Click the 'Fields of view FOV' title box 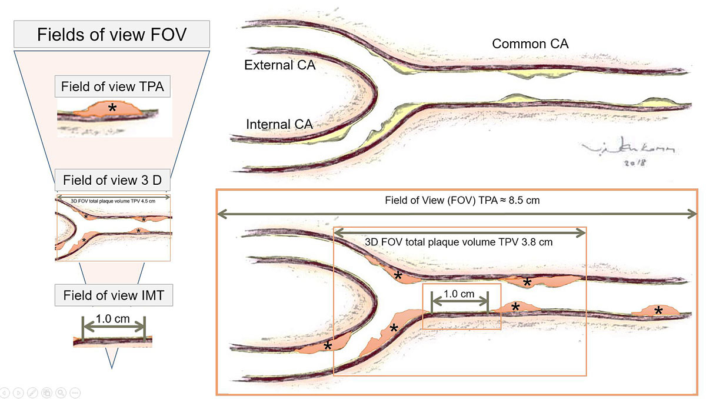[112, 34]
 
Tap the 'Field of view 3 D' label [112, 180]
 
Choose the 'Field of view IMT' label [114, 295]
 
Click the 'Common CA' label [530, 44]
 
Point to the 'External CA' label [280, 65]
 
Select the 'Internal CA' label [279, 125]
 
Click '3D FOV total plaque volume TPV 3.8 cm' [459, 241]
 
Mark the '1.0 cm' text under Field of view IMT [113, 320]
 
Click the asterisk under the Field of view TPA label [112, 108]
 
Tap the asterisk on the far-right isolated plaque [658, 310]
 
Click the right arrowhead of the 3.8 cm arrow [583, 233]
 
